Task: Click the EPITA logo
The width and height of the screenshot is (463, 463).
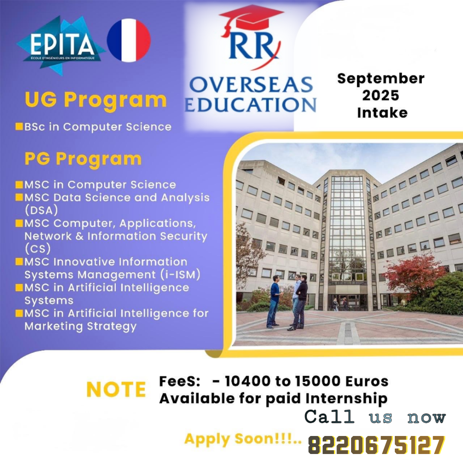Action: (60, 46)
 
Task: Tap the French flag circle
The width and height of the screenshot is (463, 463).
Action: (129, 40)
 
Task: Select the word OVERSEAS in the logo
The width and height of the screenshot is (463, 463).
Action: (251, 84)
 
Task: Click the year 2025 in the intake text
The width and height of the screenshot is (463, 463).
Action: (381, 95)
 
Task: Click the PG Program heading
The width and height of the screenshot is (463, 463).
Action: (83, 159)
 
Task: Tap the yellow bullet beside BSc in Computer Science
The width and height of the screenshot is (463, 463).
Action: (19, 126)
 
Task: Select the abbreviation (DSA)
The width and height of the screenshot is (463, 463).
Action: (41, 210)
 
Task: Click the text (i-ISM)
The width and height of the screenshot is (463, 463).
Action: (181, 275)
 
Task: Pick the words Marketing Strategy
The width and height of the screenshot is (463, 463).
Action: (81, 327)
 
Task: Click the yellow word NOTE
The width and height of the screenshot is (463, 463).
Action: (116, 389)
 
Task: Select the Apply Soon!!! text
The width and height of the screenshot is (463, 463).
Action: (242, 439)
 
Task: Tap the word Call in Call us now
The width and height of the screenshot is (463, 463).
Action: (329, 417)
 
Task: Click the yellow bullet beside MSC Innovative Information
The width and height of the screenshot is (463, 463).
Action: (19, 262)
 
